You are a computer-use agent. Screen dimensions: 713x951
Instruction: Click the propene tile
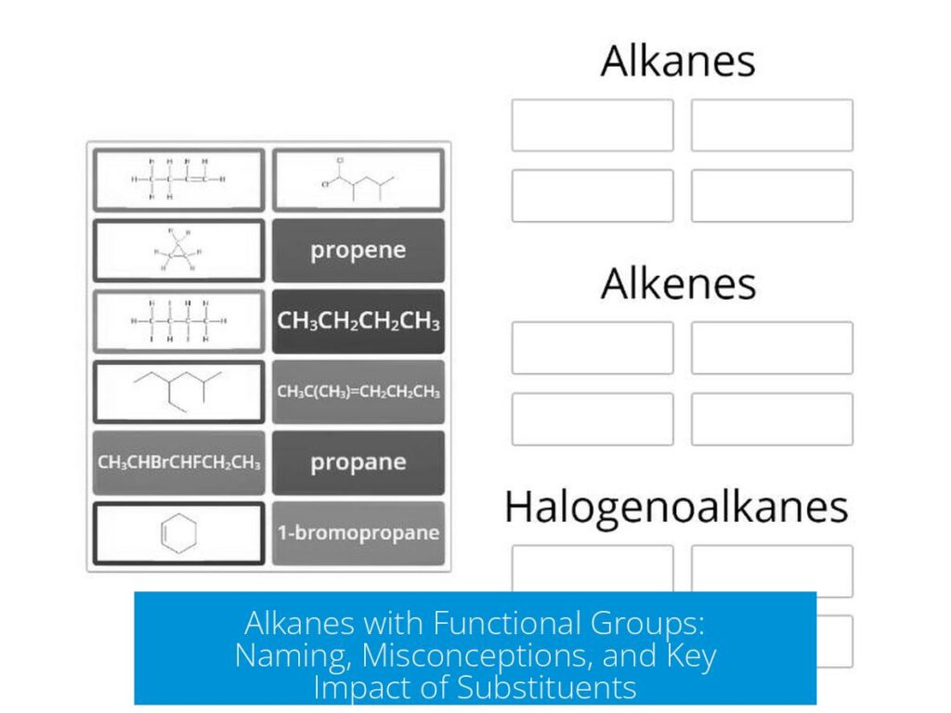click(358, 251)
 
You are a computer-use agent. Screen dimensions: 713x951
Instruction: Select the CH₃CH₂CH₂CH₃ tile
click(358, 321)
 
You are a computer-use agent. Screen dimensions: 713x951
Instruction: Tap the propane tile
click(358, 462)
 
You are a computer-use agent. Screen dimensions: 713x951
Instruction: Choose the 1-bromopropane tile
click(358, 533)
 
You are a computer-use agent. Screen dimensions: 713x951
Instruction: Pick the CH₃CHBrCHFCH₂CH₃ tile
click(179, 462)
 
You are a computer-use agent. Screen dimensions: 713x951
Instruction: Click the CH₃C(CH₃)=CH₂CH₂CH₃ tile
click(358, 392)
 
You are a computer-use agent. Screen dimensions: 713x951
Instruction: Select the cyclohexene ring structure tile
click(179, 534)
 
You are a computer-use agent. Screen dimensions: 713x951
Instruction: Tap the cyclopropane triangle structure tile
click(179, 251)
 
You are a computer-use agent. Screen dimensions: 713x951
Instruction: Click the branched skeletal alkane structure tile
click(179, 392)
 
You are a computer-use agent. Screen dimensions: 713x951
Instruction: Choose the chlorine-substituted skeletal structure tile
click(358, 179)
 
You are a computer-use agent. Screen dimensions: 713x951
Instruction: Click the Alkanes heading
click(677, 61)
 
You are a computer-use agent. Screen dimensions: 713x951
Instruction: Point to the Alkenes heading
click(677, 284)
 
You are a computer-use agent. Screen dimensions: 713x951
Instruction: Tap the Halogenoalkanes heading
click(676, 507)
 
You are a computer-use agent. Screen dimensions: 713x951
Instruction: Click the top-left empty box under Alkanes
click(593, 125)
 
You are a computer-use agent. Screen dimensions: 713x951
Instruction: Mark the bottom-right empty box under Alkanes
click(772, 196)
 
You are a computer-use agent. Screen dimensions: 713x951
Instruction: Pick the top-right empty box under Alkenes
click(772, 348)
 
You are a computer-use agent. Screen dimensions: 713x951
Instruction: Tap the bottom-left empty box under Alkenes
click(593, 419)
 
